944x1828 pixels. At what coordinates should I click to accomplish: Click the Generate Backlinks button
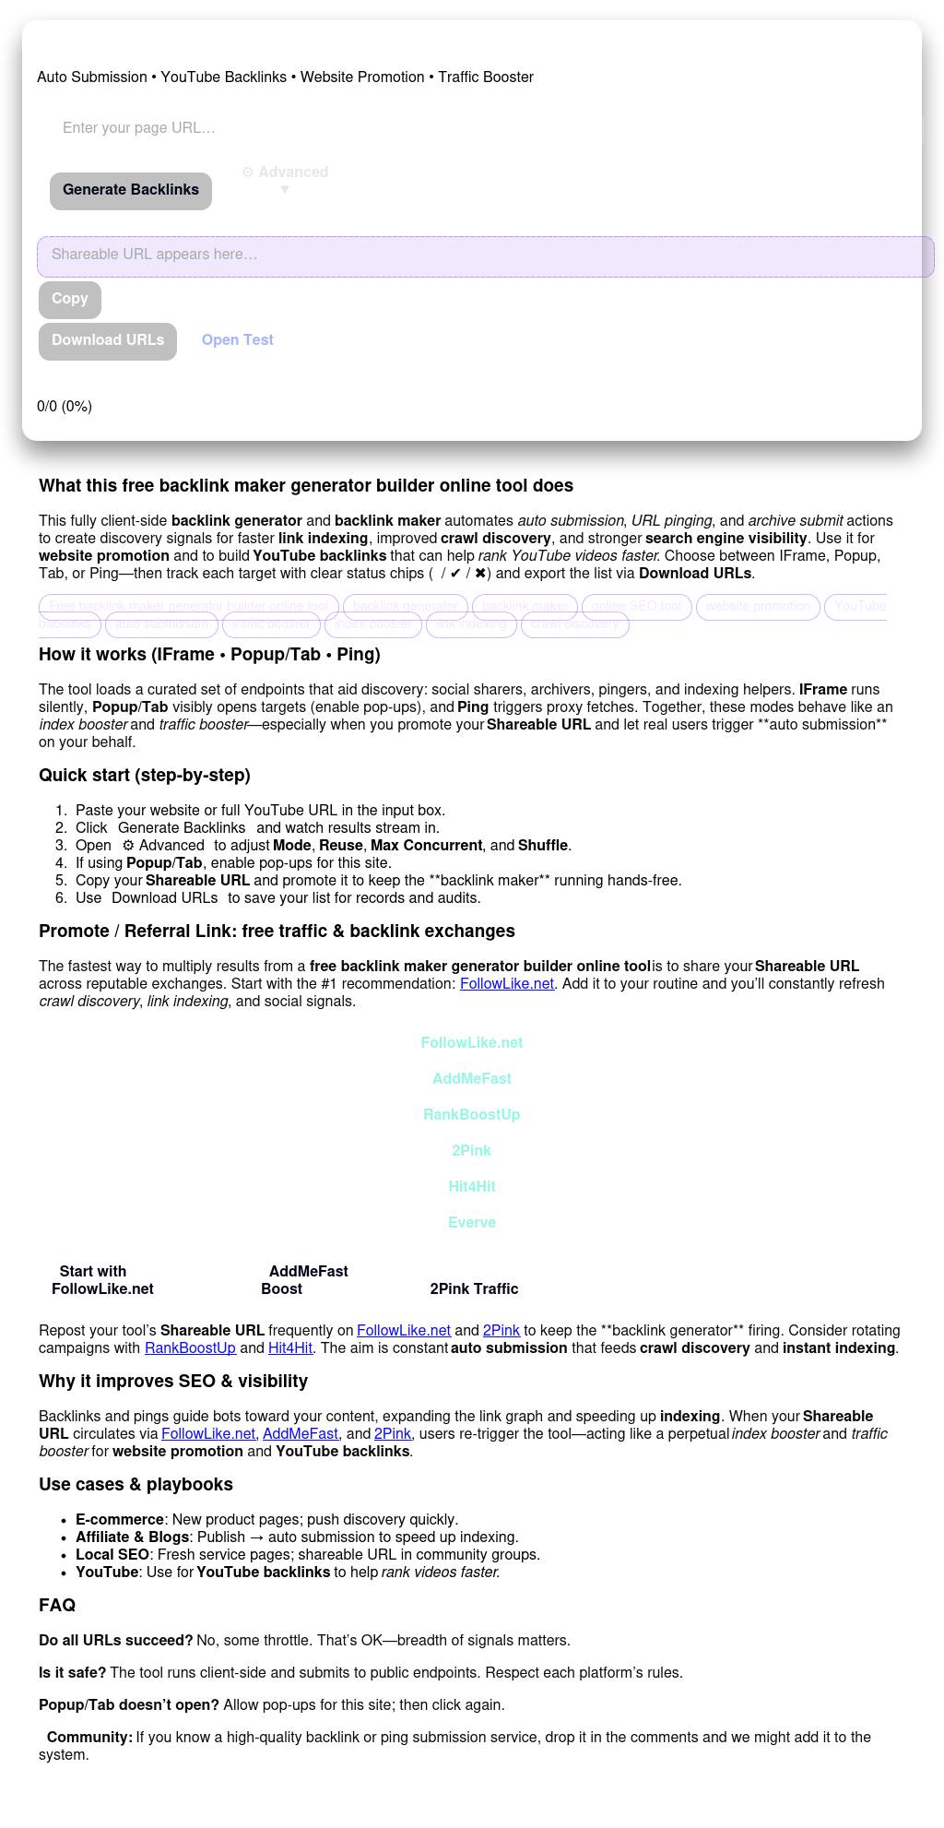(x=131, y=191)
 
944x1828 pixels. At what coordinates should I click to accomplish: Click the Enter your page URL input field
(x=277, y=128)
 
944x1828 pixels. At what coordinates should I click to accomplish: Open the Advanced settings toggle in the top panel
(x=285, y=179)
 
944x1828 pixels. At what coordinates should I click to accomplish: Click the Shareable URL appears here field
(x=485, y=255)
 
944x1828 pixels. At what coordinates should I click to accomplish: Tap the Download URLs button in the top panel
(x=108, y=341)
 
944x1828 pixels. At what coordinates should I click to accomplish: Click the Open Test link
(x=238, y=340)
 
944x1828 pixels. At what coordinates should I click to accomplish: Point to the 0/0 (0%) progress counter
(x=65, y=407)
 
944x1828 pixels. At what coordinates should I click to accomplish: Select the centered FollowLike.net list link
(x=472, y=1043)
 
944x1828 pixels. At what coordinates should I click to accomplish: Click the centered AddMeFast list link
(x=472, y=1079)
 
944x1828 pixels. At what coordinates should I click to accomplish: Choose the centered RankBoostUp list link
(x=472, y=1115)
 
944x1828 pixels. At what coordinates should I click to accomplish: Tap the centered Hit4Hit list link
(x=472, y=1187)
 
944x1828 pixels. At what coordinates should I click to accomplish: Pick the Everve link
(x=472, y=1223)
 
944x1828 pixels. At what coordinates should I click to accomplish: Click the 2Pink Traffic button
(x=474, y=1289)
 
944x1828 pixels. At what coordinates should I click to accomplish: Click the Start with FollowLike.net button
(x=102, y=1280)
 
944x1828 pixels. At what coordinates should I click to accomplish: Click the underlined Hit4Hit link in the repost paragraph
(x=290, y=1348)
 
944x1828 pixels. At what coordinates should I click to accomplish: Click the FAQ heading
(x=57, y=1606)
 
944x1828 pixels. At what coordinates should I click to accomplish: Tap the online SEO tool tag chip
(x=636, y=607)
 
